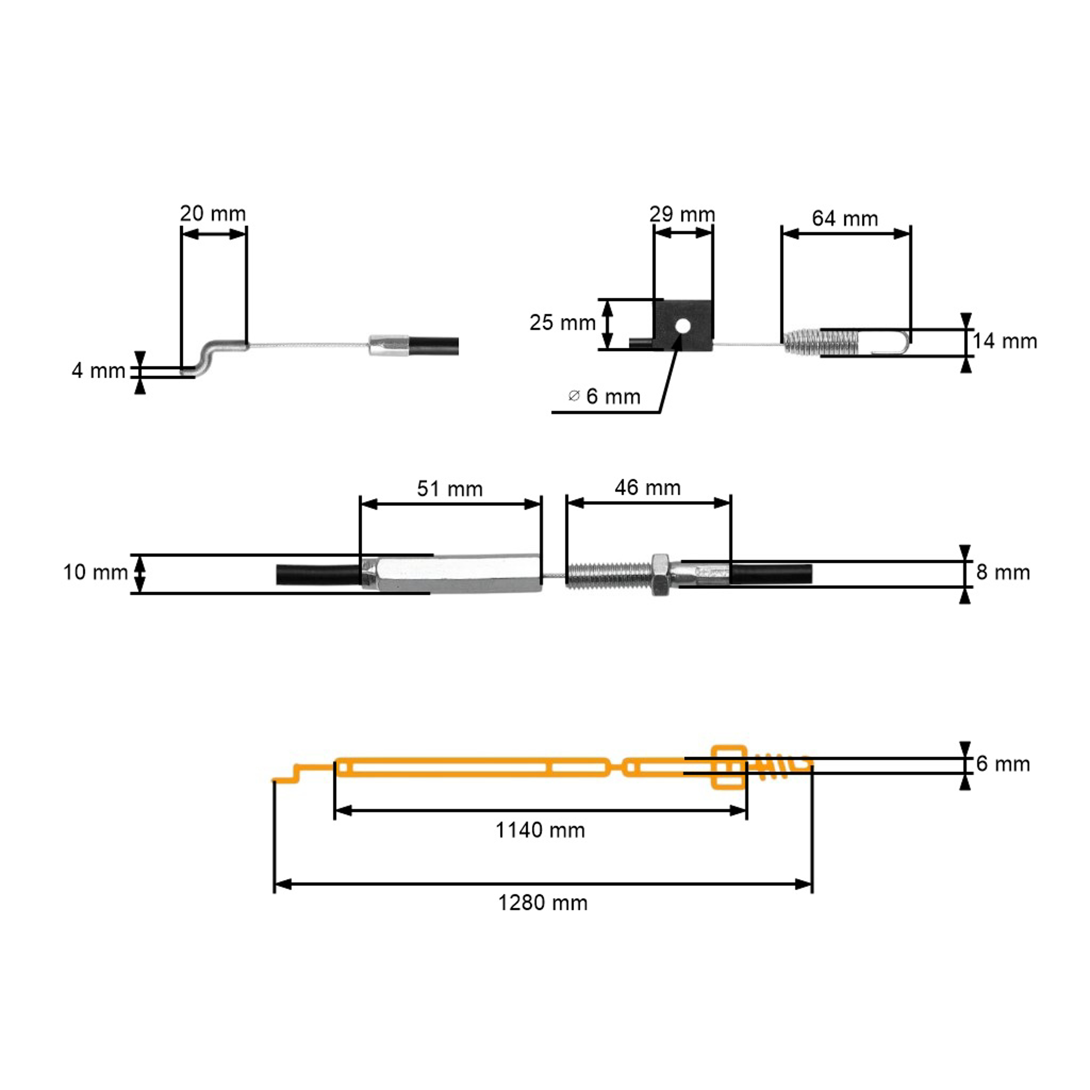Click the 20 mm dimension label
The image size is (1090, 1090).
click(x=213, y=214)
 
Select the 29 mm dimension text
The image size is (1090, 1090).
click(x=682, y=214)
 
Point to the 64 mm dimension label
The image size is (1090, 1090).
click(x=845, y=219)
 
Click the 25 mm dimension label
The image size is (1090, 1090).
click(x=562, y=323)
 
